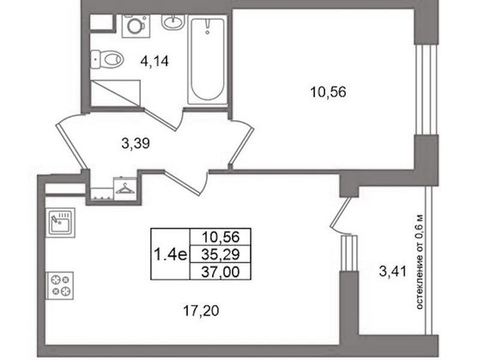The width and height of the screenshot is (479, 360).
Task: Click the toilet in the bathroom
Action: (x=107, y=59)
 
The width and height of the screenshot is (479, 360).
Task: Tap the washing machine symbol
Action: (x=136, y=26)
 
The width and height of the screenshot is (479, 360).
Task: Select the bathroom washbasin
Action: (x=173, y=21)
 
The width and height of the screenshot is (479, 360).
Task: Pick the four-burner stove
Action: (x=59, y=285)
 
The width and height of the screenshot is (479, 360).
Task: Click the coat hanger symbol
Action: (x=125, y=188)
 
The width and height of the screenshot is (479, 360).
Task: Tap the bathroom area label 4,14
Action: (x=155, y=62)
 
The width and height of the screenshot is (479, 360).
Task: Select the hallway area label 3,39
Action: (x=136, y=143)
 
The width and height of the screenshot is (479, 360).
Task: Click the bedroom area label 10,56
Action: (x=328, y=92)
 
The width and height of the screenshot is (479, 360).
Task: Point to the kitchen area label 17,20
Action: (x=201, y=311)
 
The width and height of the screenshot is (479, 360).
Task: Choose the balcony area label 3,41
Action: (x=393, y=271)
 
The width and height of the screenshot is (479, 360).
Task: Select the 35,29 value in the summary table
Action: (x=220, y=254)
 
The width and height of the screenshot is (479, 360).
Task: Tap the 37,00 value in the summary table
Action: (x=220, y=272)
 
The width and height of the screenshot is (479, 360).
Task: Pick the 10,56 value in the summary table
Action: (x=220, y=237)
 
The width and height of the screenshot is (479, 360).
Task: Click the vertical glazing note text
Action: (x=420, y=261)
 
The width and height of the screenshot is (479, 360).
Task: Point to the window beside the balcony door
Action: (x=349, y=253)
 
